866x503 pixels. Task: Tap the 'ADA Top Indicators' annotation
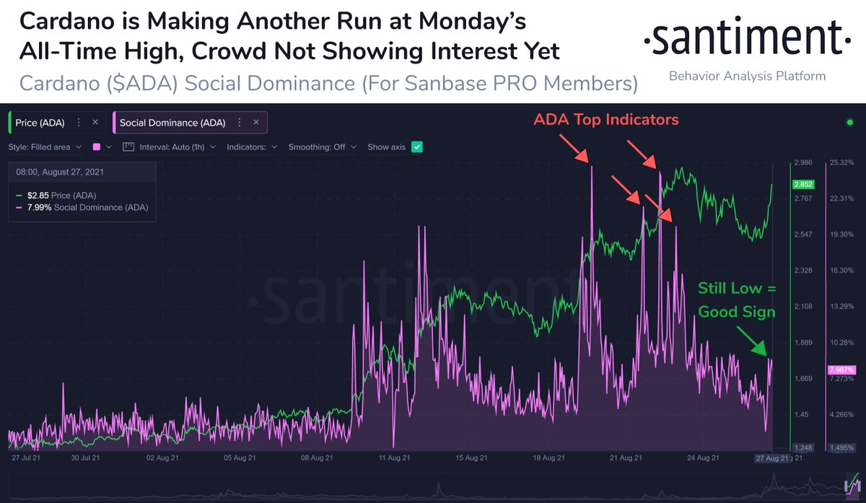pos(606,120)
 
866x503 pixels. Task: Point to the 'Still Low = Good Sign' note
pos(736,300)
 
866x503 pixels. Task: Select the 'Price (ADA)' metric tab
pos(41,123)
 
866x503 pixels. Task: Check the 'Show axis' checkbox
pos(416,146)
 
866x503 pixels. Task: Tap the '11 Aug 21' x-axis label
pos(393,457)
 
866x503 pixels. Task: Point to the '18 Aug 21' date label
pos(550,457)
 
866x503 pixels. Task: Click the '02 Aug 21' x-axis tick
pos(161,457)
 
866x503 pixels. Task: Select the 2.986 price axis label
pos(804,162)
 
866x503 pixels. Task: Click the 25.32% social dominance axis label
pos(842,162)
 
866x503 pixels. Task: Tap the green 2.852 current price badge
pos(804,184)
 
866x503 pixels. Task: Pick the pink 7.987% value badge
pos(841,369)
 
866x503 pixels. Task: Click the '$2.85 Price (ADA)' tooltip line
pos(61,196)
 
